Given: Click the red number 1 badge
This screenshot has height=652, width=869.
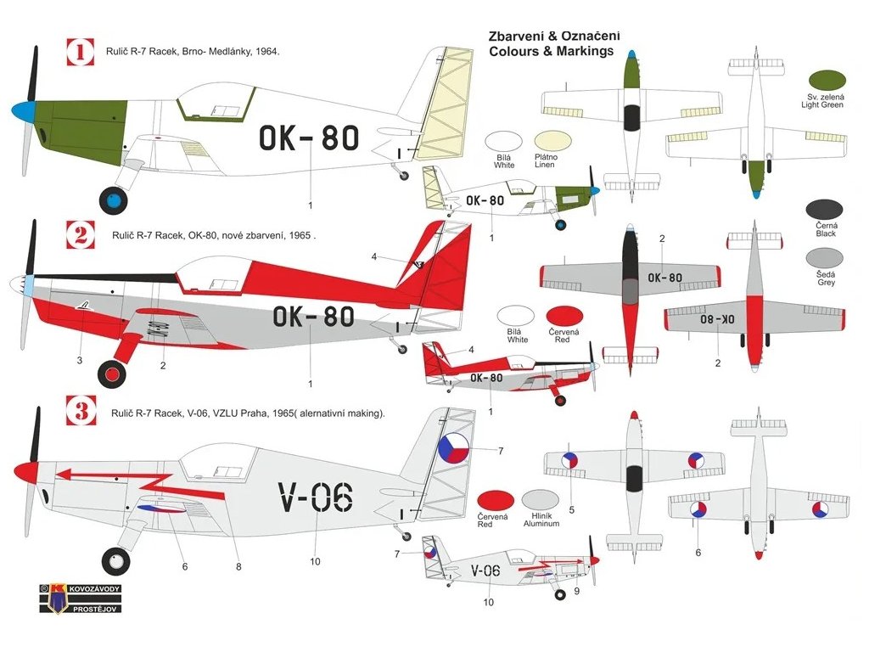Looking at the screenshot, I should [81, 53].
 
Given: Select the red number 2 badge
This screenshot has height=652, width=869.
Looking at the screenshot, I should [81, 235].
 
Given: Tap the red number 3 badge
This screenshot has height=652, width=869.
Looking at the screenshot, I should [81, 413].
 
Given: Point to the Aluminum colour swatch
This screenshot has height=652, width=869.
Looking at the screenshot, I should [541, 500].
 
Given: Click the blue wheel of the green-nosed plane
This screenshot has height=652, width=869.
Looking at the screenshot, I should [113, 200].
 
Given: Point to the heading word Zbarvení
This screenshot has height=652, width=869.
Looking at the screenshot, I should [519, 36].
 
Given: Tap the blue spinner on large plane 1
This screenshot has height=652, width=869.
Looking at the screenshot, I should [22, 111].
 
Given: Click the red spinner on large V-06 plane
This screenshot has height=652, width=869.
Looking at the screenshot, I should [25, 469].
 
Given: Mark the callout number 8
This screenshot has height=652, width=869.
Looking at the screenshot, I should [238, 566].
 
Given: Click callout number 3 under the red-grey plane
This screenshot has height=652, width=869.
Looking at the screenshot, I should [79, 360].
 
